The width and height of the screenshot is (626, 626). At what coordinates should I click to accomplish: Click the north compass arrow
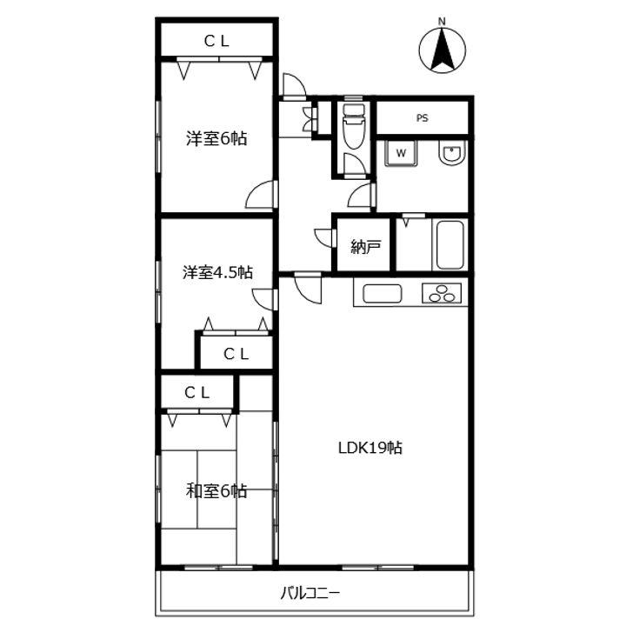coord(442,50)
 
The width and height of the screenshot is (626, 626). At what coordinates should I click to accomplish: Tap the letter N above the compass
coord(442,22)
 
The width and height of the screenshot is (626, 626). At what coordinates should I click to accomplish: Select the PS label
coord(423,118)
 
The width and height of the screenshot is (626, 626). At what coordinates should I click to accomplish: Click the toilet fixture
coord(354,126)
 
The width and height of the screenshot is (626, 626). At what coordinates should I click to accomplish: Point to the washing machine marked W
coord(401,152)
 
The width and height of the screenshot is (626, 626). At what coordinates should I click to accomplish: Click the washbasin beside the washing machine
coord(451,152)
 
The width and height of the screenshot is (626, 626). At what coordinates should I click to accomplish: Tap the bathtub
coord(450,244)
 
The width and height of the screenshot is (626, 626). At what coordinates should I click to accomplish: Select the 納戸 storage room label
coord(365,247)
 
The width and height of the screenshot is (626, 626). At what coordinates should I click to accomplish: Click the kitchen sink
coord(382,294)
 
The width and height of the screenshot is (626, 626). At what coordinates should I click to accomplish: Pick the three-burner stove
coord(442,294)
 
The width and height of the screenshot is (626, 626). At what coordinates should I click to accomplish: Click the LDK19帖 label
coord(370,448)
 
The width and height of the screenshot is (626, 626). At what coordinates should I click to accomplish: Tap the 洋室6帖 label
coord(216,138)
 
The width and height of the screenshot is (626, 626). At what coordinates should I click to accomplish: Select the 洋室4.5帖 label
coord(217,272)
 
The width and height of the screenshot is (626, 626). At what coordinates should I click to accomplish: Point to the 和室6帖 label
coord(216,490)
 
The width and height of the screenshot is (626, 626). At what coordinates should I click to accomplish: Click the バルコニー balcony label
coord(310,593)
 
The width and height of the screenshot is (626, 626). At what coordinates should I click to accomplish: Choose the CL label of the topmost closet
coord(216,41)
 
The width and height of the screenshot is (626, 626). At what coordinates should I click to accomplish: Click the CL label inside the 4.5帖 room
coord(236,354)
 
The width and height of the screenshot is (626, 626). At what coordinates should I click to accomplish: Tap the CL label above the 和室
coord(197,393)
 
